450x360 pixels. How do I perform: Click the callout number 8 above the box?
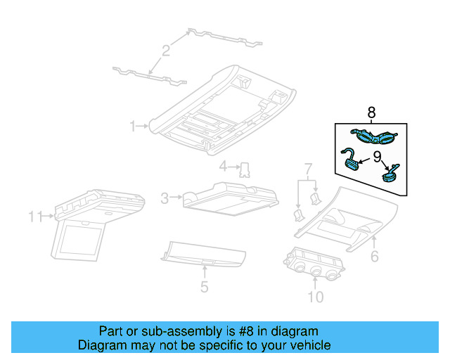point(372,112)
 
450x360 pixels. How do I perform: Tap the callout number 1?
point(132,126)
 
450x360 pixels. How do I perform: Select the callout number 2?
point(166,50)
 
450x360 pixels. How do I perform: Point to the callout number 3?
point(165,199)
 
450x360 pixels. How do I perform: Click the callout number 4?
point(223,167)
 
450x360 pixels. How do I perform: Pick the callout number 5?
point(204,287)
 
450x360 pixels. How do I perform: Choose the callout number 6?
point(375,257)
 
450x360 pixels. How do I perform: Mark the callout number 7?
point(307,169)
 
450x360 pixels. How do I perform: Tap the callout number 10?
point(315,297)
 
